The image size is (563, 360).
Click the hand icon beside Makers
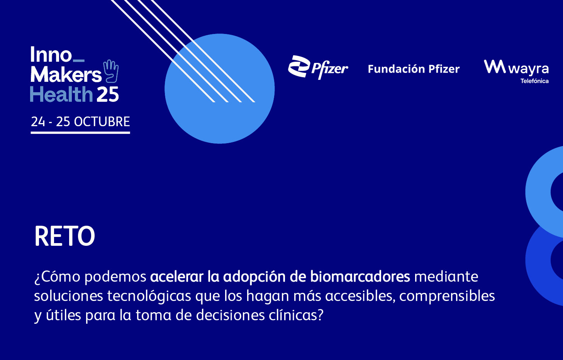click(111, 71)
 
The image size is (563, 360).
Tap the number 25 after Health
click(108, 95)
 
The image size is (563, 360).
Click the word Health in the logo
click(61, 94)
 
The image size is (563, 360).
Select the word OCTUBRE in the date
click(102, 122)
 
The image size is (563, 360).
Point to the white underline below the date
click(80, 132)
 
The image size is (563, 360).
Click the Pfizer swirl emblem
click(298, 66)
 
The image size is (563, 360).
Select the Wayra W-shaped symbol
click(495, 66)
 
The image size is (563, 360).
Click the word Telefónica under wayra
click(534, 81)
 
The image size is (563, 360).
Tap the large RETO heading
click(64, 236)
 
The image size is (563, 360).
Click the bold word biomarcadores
click(360, 277)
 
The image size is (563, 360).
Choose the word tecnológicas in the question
click(149, 296)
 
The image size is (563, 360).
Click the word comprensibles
click(447, 296)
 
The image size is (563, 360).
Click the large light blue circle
click(219, 89)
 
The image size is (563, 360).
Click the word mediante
click(446, 277)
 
